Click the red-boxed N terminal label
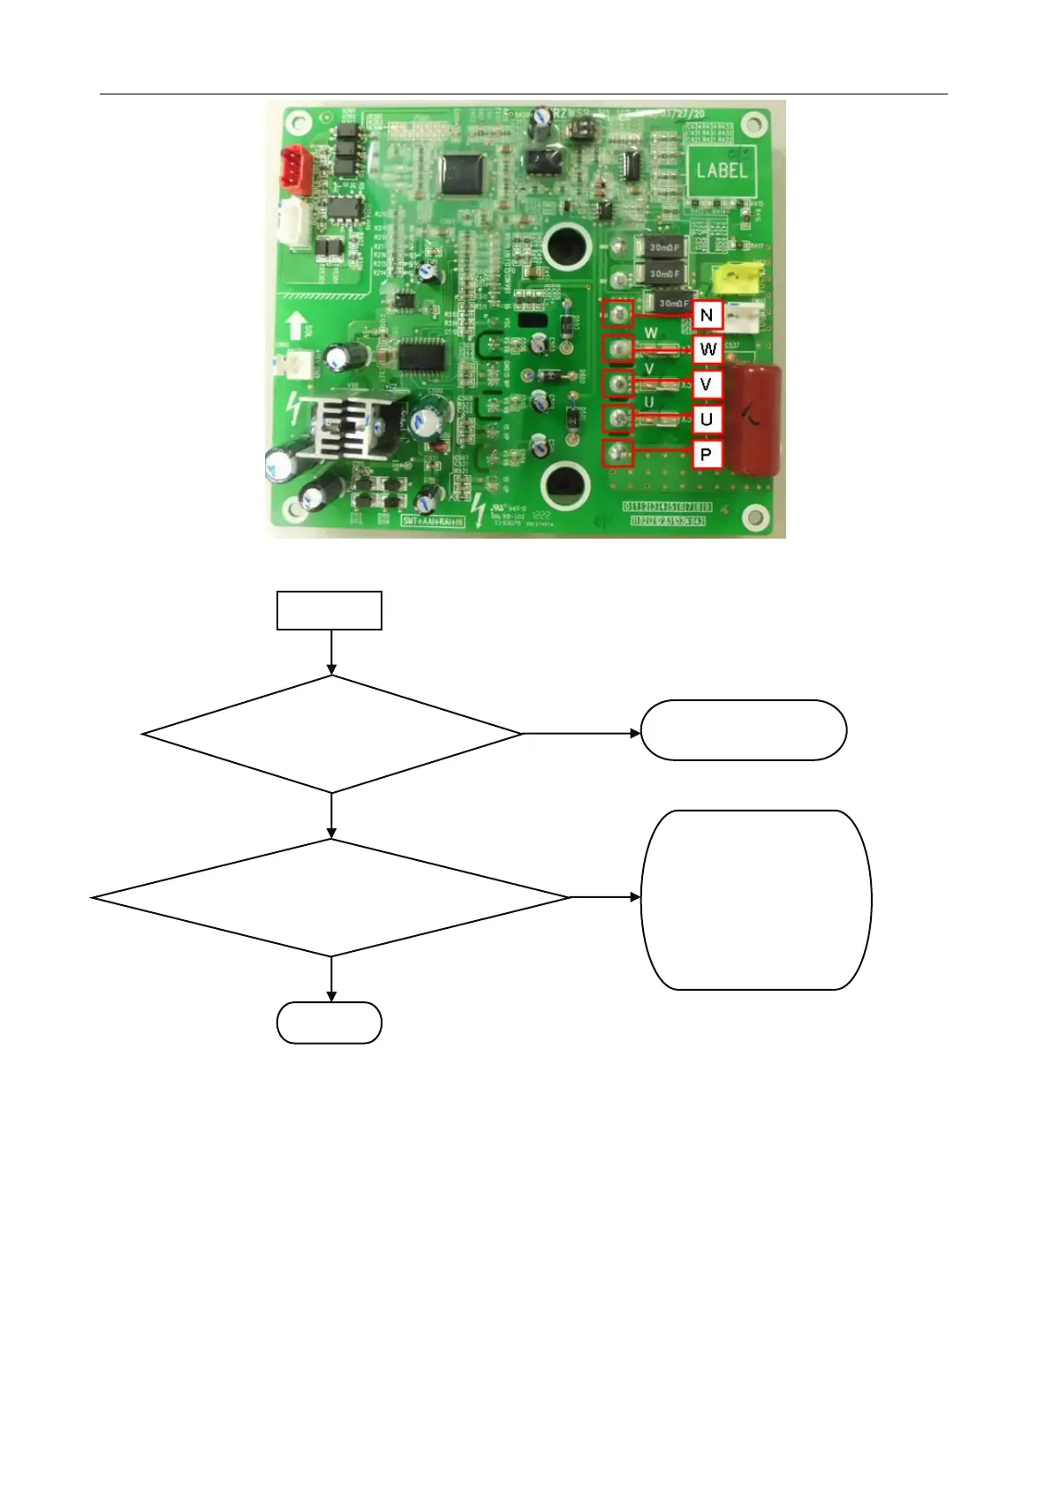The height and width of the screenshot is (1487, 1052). click(x=707, y=315)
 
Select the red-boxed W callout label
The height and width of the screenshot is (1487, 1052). click(x=708, y=350)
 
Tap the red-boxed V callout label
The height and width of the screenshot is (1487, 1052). click(x=706, y=384)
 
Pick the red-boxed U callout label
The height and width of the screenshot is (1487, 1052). click(x=706, y=419)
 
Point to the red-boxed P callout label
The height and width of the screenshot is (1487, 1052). click(x=706, y=455)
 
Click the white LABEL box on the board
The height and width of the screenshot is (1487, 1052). click(x=721, y=170)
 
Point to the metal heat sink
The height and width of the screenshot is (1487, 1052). click(x=347, y=427)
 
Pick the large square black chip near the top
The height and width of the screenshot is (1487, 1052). click(x=464, y=173)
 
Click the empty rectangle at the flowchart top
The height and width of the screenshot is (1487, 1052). click(x=329, y=610)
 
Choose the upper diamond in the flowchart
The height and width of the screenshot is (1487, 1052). click(x=332, y=734)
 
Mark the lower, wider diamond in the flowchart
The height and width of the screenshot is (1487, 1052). click(x=331, y=897)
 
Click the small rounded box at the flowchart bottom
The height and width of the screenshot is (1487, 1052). click(x=329, y=1023)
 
